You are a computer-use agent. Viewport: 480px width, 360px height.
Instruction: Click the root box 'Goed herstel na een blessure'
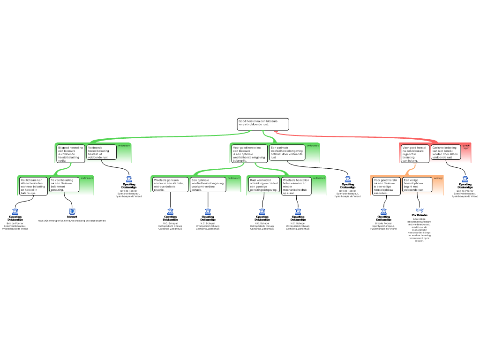point(262,124)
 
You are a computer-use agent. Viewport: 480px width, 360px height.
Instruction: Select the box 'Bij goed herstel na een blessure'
point(71,154)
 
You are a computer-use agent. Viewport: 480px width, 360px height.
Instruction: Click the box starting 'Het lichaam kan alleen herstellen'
point(33,186)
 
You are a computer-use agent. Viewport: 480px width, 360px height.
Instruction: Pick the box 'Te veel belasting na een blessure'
point(64,185)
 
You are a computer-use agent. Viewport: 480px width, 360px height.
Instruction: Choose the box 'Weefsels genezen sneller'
point(170,185)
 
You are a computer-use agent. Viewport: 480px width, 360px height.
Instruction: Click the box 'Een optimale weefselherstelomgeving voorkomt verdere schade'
point(208,185)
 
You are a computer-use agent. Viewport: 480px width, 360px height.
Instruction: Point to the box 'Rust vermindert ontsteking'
point(264,185)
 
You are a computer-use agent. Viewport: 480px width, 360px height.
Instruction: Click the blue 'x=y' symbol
point(420,210)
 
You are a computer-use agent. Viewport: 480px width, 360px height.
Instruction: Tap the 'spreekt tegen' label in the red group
point(465,147)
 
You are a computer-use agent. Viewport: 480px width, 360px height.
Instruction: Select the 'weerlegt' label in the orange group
point(438,178)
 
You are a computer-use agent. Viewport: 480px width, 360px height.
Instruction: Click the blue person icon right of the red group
point(465,179)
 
